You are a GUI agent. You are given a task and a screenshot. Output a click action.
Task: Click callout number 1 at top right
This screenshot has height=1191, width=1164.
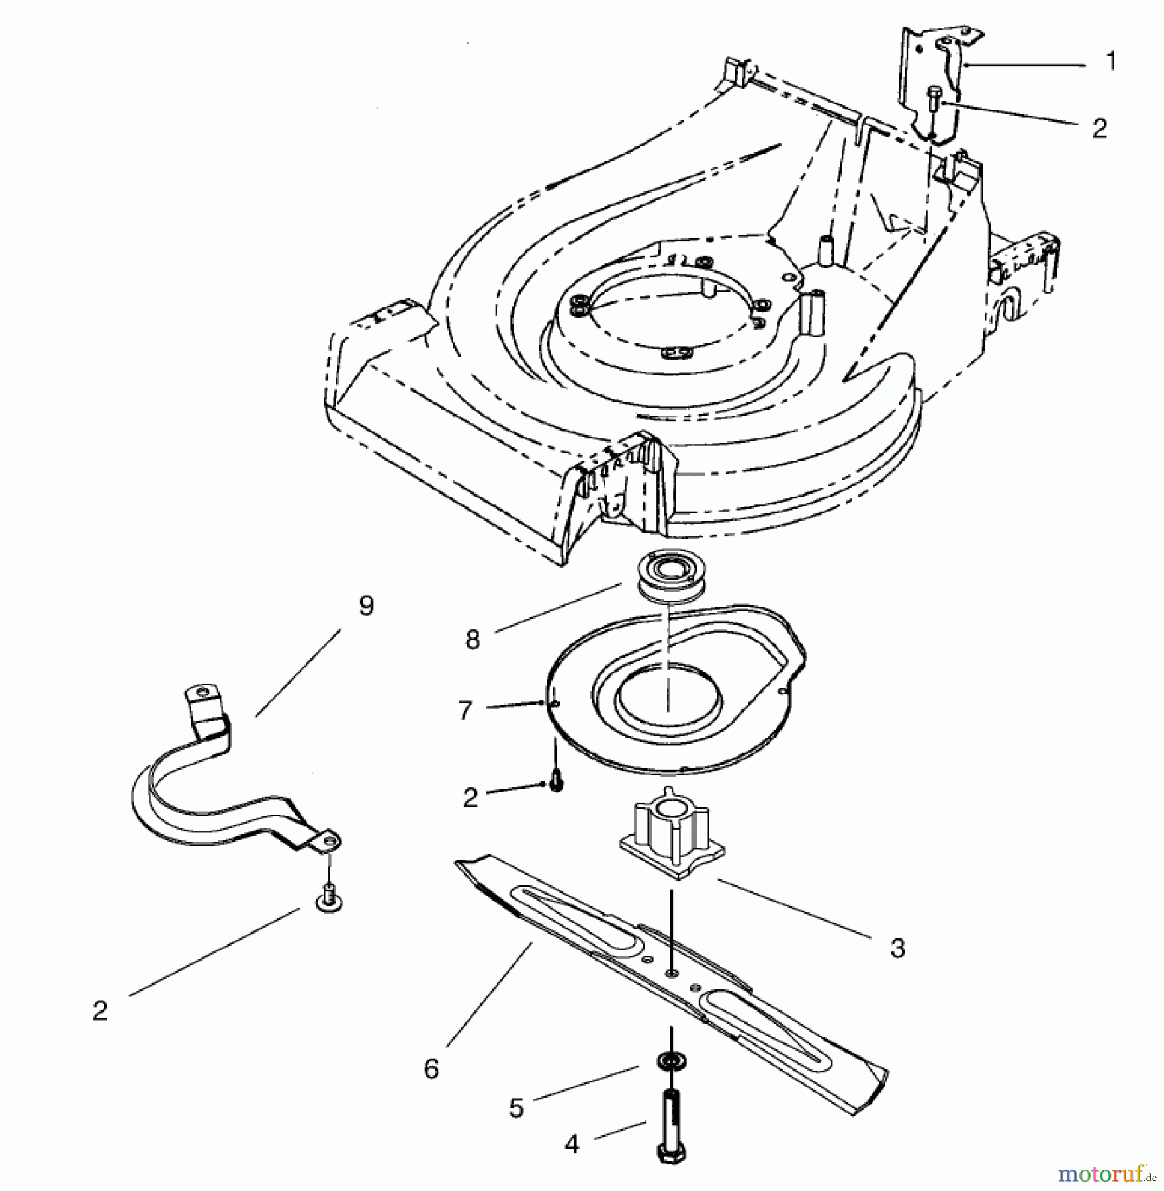coord(1112,62)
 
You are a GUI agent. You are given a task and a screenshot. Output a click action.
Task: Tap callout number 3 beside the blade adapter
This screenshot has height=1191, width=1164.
coord(897,949)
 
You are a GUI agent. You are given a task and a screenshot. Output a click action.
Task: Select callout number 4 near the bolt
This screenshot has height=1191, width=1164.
coord(572,1145)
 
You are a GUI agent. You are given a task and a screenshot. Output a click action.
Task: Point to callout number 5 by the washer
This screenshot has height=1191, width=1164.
coord(516,1108)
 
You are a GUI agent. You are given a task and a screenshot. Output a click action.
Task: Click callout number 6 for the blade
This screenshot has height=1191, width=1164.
coord(431,1068)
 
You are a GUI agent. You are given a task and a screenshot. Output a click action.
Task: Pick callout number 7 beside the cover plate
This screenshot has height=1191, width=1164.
coord(465,711)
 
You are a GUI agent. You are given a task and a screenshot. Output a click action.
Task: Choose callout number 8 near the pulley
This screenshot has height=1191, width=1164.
coord(472,640)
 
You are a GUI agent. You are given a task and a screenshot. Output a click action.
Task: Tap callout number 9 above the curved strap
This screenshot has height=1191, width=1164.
coord(366,606)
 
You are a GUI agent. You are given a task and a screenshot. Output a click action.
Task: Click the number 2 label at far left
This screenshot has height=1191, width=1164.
coord(100,1011)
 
